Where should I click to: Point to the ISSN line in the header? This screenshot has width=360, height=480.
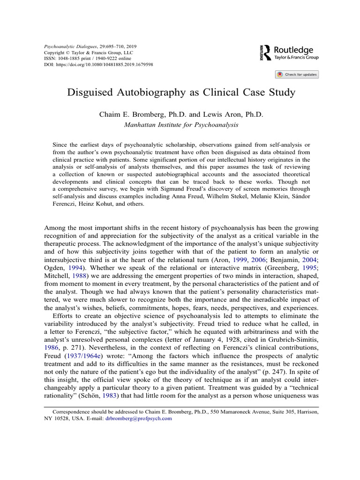click(89, 58)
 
